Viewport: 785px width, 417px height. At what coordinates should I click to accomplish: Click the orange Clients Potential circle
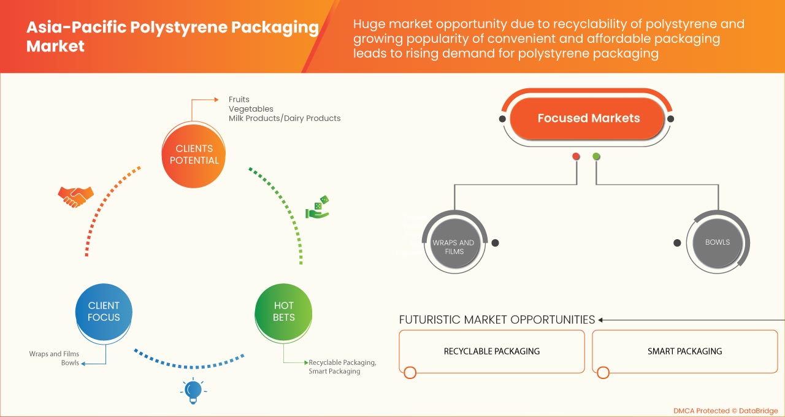point(194,155)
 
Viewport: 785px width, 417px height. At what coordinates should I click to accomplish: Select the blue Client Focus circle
point(104,312)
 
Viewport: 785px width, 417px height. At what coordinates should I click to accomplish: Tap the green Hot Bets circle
point(284,312)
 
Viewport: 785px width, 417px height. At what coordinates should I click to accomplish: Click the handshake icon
point(75,196)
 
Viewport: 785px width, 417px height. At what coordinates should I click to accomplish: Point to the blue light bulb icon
point(193,390)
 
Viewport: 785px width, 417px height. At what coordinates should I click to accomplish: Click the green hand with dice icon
point(318,208)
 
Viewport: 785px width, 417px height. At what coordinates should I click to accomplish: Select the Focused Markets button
point(588,118)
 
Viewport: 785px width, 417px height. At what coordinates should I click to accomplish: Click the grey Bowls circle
point(717,242)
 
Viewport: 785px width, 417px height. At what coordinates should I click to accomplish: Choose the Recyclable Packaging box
point(491,351)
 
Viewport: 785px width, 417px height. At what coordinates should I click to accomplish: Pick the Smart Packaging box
point(684,351)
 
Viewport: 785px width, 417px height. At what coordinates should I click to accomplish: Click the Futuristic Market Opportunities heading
point(497,319)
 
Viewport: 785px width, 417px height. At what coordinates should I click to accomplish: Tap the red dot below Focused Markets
point(576,156)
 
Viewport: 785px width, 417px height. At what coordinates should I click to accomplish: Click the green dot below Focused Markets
point(596,156)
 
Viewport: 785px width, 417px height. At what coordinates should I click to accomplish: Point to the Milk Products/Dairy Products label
point(285,118)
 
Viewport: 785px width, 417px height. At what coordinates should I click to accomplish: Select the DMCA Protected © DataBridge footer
point(725,410)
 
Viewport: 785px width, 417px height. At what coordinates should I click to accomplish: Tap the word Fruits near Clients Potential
point(239,99)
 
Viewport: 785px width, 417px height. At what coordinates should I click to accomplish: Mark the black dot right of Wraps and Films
point(495,243)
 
